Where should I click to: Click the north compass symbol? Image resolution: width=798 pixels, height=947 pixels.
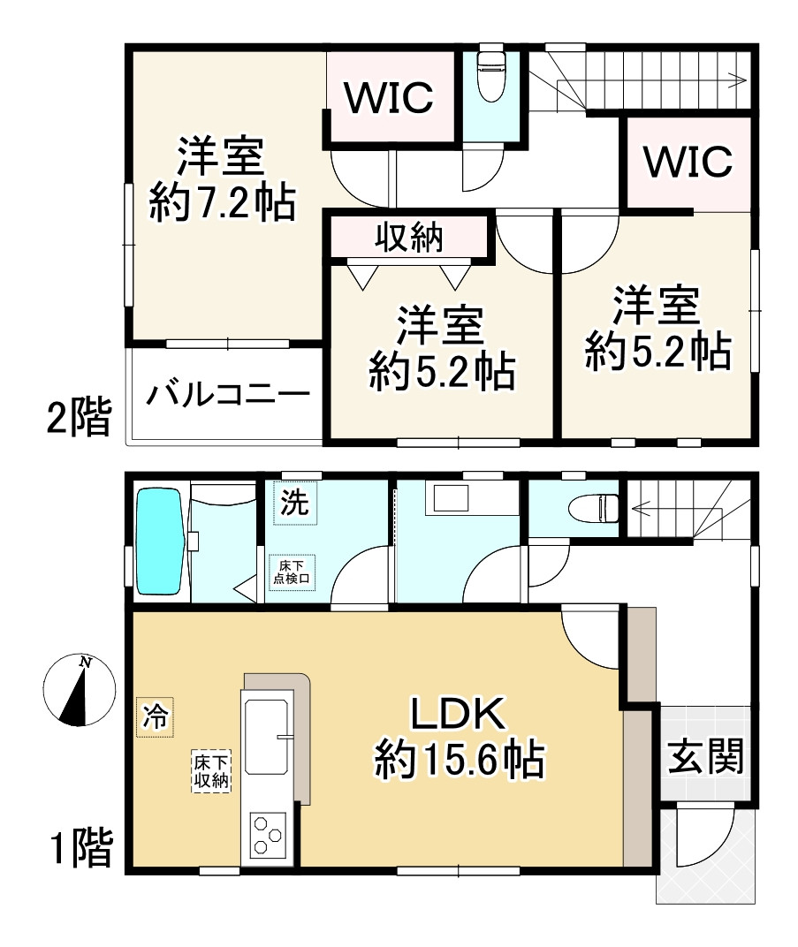click(x=79, y=690)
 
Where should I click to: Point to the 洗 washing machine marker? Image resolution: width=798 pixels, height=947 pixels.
click(x=294, y=504)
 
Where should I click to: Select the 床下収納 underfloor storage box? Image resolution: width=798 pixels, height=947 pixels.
click(x=212, y=771)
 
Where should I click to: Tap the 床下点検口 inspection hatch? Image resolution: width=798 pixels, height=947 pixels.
click(x=291, y=572)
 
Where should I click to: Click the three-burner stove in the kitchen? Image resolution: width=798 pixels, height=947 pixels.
click(x=268, y=834)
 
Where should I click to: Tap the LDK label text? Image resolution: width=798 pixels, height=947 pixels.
click(x=456, y=715)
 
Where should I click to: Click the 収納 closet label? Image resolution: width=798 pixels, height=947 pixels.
click(x=409, y=238)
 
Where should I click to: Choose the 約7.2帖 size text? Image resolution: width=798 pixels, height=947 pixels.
click(x=222, y=205)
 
